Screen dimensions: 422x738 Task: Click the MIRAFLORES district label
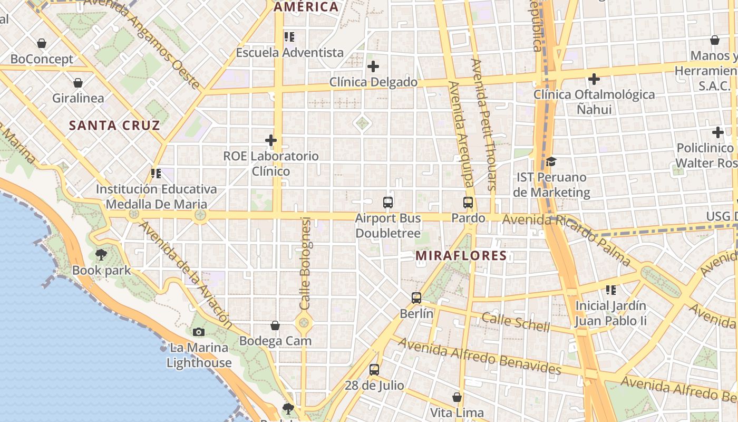(x=461, y=256)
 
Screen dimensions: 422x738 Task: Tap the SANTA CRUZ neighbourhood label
(x=114, y=126)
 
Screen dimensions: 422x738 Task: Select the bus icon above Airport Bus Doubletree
(x=388, y=202)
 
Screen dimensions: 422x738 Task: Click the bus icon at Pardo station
(x=468, y=202)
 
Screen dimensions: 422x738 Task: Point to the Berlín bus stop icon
(x=416, y=298)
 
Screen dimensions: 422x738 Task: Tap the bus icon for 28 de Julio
(x=374, y=370)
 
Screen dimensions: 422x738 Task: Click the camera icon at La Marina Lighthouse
(x=199, y=332)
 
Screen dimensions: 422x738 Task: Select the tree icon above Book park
(x=101, y=255)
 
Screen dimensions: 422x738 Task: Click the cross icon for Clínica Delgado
(x=373, y=66)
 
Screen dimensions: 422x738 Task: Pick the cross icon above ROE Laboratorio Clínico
(x=271, y=140)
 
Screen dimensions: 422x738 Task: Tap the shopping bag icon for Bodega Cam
(x=275, y=325)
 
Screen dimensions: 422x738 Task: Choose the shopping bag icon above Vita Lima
(x=457, y=397)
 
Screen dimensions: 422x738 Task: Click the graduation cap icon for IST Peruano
(x=551, y=161)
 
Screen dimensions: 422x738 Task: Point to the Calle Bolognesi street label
(x=305, y=264)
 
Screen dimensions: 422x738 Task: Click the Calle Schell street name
(x=516, y=321)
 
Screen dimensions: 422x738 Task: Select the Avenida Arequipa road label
(x=460, y=135)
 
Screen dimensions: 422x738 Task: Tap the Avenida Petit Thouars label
(x=484, y=124)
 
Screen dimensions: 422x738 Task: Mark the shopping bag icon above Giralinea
(x=78, y=83)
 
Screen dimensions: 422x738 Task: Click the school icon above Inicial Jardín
(x=611, y=290)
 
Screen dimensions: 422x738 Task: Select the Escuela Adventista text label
(x=290, y=53)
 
